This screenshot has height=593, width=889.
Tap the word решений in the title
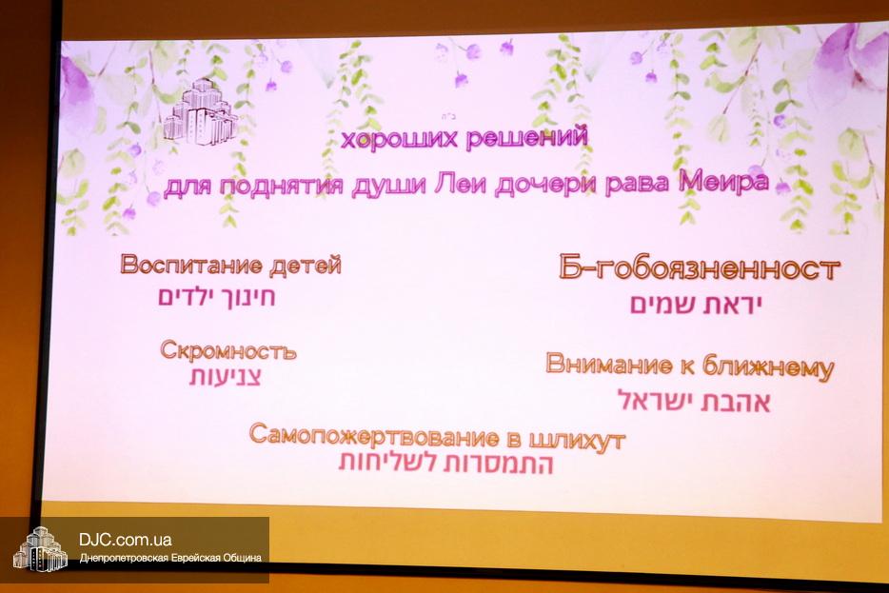click(x=526, y=137)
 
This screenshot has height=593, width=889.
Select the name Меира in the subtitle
click(x=724, y=182)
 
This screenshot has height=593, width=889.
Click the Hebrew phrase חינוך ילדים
click(x=217, y=297)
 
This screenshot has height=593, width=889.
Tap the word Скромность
click(x=227, y=350)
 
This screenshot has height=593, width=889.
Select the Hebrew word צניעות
click(x=225, y=377)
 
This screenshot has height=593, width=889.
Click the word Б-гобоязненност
click(x=699, y=267)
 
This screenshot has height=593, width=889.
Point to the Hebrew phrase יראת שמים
click(x=695, y=305)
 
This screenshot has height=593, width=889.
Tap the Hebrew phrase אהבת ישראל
click(x=694, y=401)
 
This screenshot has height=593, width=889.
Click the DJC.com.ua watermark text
click(x=126, y=540)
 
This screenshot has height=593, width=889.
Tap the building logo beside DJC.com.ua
click(x=40, y=549)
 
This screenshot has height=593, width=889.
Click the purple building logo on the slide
click(x=201, y=112)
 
